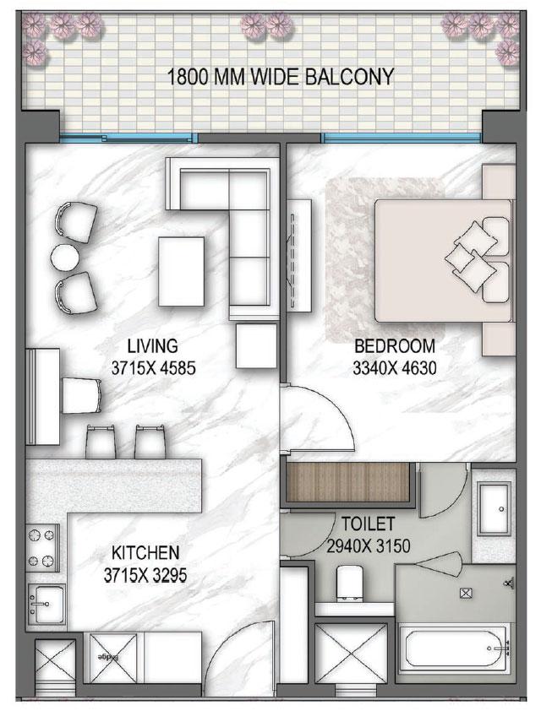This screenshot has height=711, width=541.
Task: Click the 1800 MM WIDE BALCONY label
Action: click(x=281, y=78)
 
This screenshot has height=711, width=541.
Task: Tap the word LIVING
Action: click(x=152, y=345)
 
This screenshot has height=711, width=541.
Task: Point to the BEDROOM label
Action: click(x=394, y=345)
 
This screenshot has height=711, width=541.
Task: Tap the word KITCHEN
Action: click(x=145, y=553)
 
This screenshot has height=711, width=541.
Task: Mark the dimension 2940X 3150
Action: click(x=368, y=546)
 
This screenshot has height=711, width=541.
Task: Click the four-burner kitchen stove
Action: click(x=41, y=548)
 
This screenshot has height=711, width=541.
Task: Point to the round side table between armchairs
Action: click(x=65, y=256)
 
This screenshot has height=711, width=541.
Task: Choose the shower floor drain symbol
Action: click(x=466, y=593)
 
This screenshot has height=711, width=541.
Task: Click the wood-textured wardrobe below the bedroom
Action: click(x=348, y=482)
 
